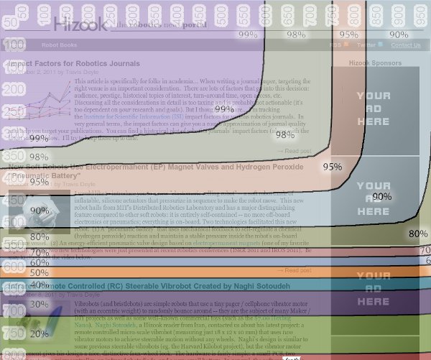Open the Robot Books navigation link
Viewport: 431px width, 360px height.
tap(59, 45)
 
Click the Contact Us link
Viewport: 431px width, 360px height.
tap(406, 45)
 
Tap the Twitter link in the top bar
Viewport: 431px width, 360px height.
tap(366, 45)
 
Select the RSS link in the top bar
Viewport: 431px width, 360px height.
tap(335, 45)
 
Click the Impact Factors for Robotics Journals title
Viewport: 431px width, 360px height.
tap(72, 63)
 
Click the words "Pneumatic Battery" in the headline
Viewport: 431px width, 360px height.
tap(49, 175)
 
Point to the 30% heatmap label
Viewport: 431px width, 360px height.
tap(40, 304)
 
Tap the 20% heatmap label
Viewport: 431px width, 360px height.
tap(40, 334)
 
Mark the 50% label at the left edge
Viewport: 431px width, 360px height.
tap(40, 273)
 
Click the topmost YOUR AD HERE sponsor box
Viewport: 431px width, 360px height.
tap(374, 108)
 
